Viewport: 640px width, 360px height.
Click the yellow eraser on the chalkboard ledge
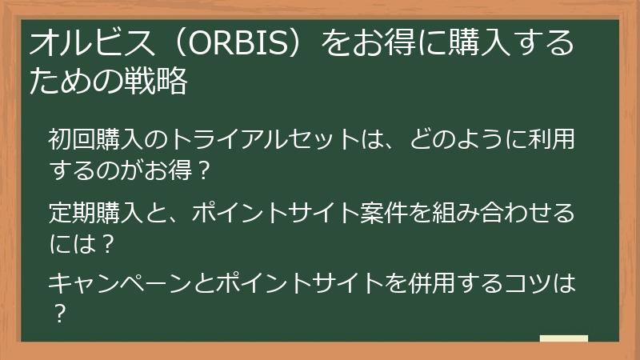pos(563,338)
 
